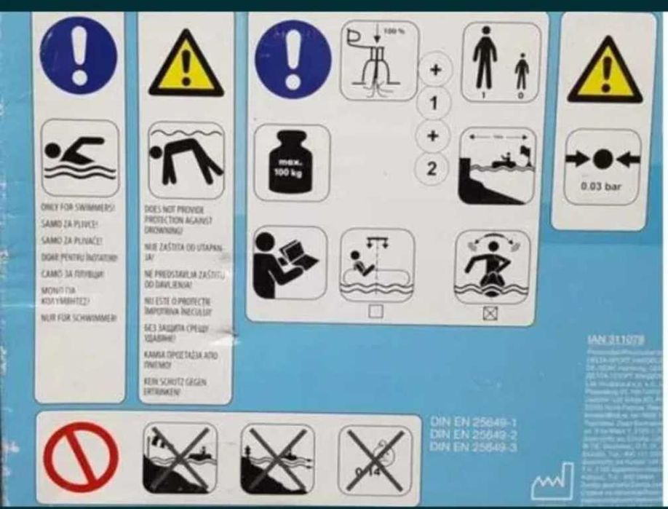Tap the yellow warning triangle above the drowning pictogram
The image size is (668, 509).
tap(186, 65)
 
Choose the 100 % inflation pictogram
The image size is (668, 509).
tap(378, 60)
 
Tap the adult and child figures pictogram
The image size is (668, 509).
tap(502, 60)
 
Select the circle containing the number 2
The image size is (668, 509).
tap(432, 169)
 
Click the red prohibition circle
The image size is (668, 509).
tap(80, 457)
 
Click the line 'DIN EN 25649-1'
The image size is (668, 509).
tap(473, 421)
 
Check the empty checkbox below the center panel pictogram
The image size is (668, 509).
tap(376, 312)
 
